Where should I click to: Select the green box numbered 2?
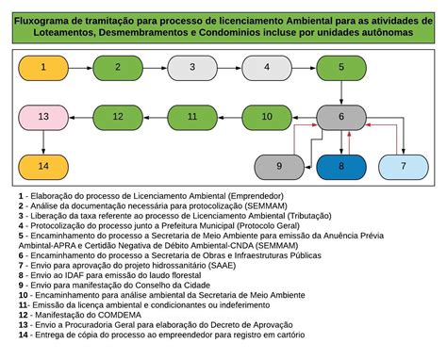point(118,68)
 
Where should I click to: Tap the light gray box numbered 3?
point(192,68)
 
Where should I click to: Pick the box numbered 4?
point(267,68)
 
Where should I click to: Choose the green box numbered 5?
point(341,68)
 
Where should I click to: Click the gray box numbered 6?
point(341,117)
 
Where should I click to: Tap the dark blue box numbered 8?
point(341,166)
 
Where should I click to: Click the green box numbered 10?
point(267,117)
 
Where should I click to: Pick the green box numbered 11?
point(192,117)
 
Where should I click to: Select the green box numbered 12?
point(118,117)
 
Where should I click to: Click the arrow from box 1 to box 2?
point(80,68)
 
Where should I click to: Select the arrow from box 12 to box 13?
point(80,117)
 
